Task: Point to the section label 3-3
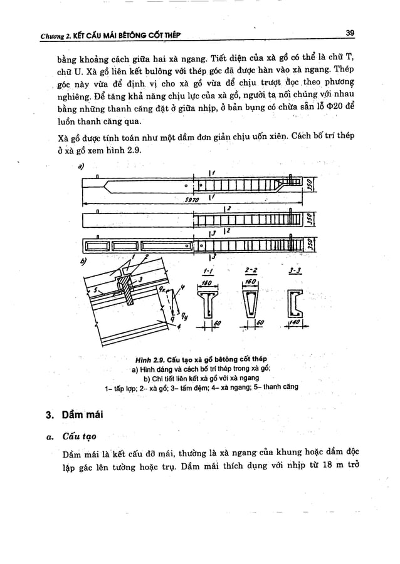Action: [294, 272]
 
